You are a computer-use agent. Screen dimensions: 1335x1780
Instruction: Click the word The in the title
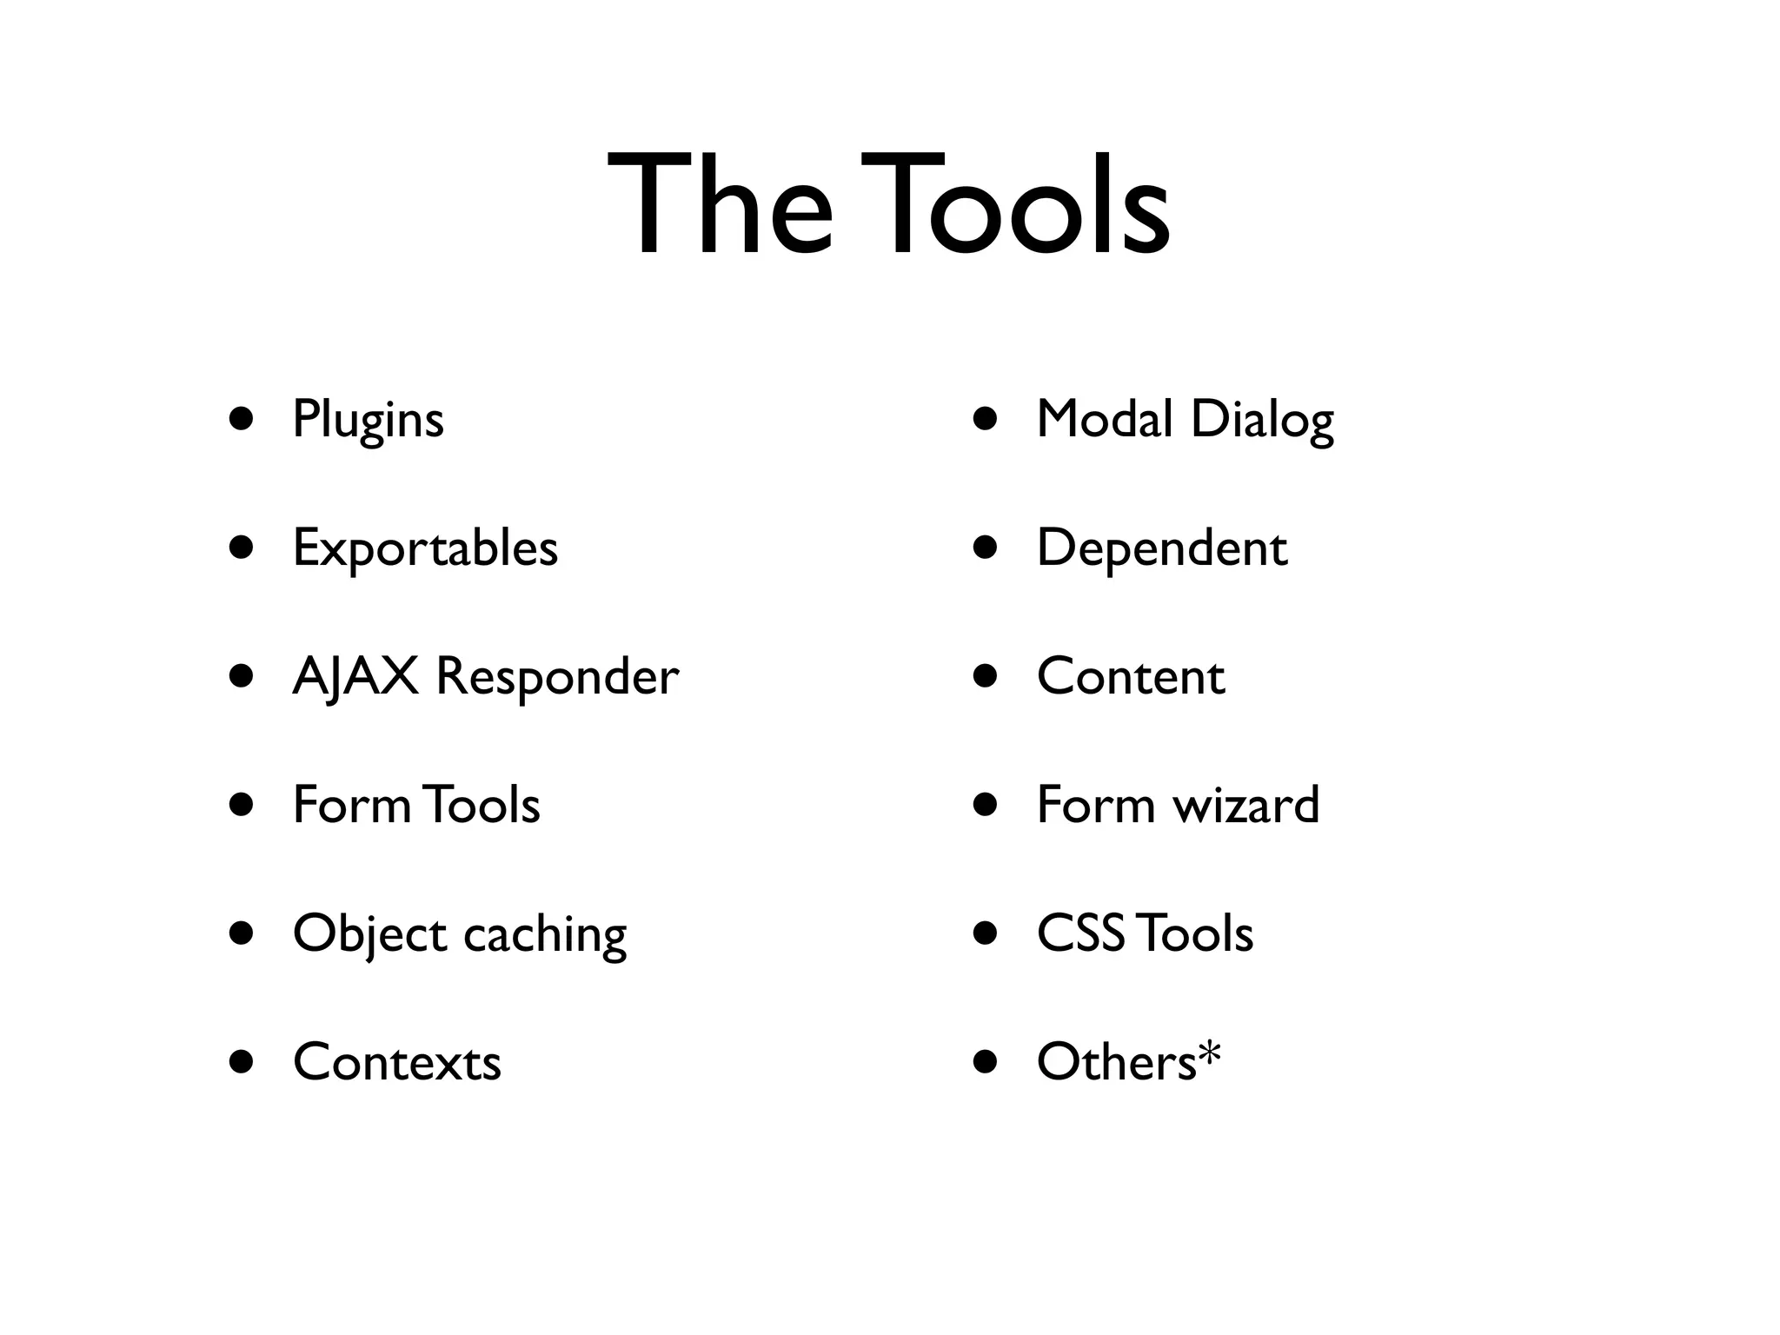[x=721, y=206]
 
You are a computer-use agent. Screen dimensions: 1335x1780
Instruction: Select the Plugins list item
[x=368, y=420]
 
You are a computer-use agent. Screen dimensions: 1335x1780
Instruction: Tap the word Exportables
[x=425, y=548]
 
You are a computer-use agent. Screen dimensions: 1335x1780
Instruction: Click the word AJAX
[x=355, y=676]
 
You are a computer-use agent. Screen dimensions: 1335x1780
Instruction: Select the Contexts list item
[x=397, y=1062]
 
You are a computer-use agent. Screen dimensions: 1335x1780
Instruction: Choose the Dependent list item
[x=1161, y=548]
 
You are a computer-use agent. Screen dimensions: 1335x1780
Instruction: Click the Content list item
[x=1131, y=676]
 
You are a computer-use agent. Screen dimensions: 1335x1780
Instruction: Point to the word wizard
[x=1246, y=805]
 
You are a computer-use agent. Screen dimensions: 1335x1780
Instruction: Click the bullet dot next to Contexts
[x=242, y=1062]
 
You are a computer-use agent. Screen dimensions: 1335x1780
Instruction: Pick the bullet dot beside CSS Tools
[x=986, y=933]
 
